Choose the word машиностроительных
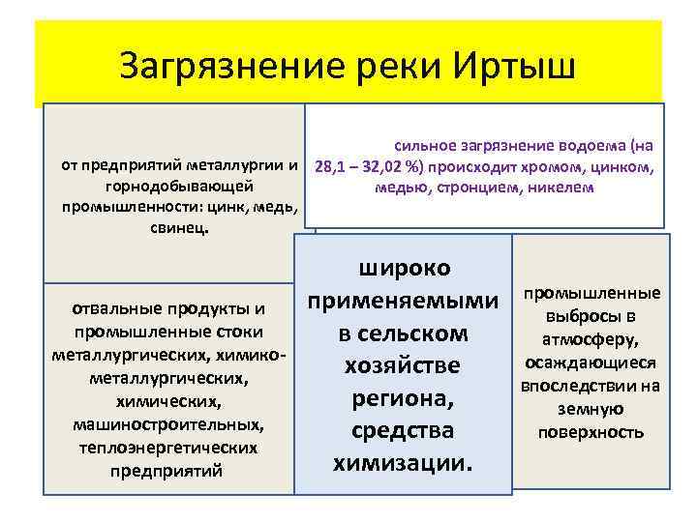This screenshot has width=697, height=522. point(167,424)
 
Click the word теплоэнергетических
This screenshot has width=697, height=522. point(167,448)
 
